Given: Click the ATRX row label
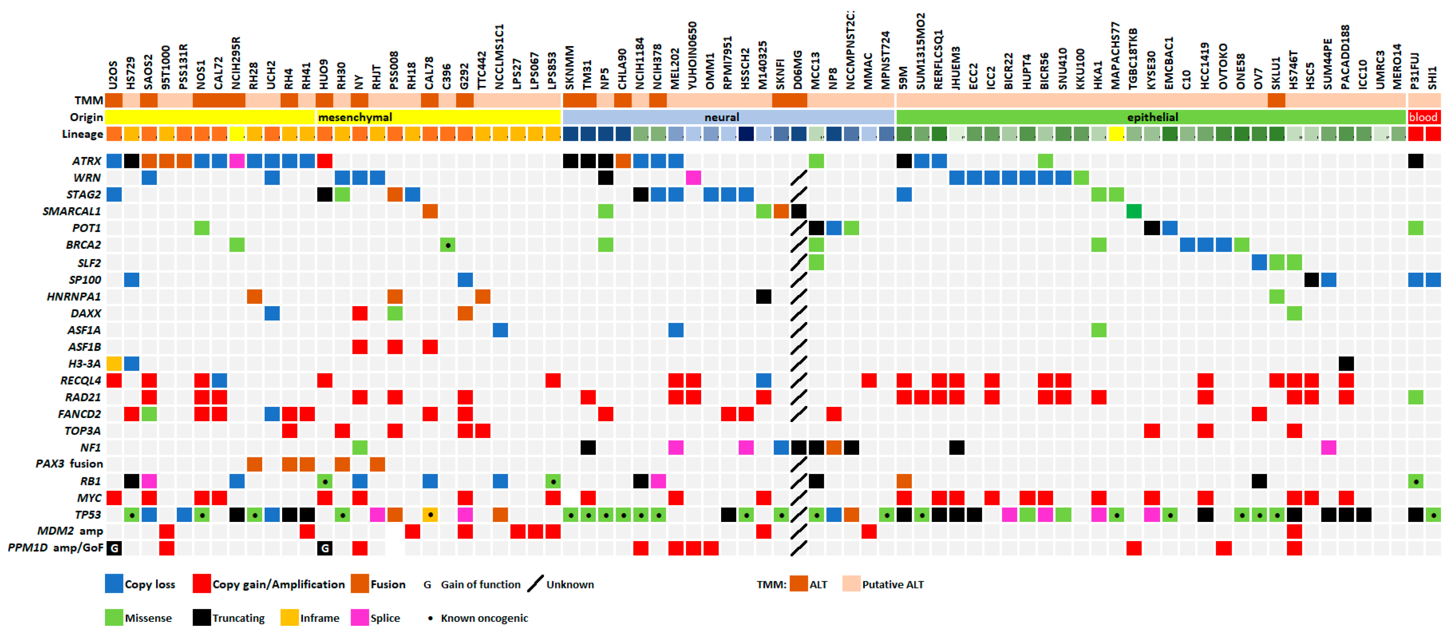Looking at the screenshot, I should pos(86,161).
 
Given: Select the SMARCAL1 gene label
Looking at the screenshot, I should pos(72,211).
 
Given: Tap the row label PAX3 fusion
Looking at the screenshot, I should pos(69,464).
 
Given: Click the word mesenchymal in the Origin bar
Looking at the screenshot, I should pos(355,117).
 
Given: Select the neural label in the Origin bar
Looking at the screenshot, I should pos(722,117).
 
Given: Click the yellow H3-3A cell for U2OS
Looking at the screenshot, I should pos(114,363).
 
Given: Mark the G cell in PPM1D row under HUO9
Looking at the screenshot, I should pos(324,548).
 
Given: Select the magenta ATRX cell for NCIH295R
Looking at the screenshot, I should pos(237,161).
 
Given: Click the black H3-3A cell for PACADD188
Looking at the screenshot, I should pos(1346,363).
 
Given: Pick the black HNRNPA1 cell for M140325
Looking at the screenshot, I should pos(763,296).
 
